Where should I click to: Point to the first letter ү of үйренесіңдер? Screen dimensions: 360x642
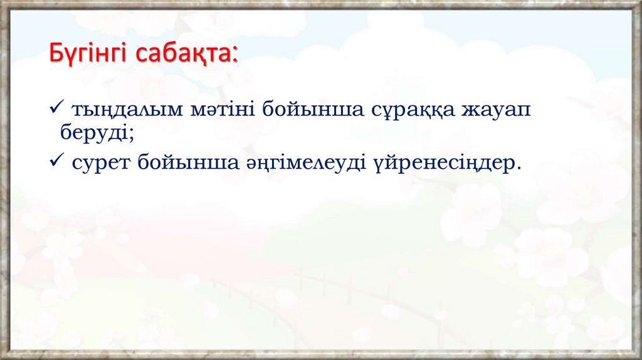pyautogui.click(x=379, y=166)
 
